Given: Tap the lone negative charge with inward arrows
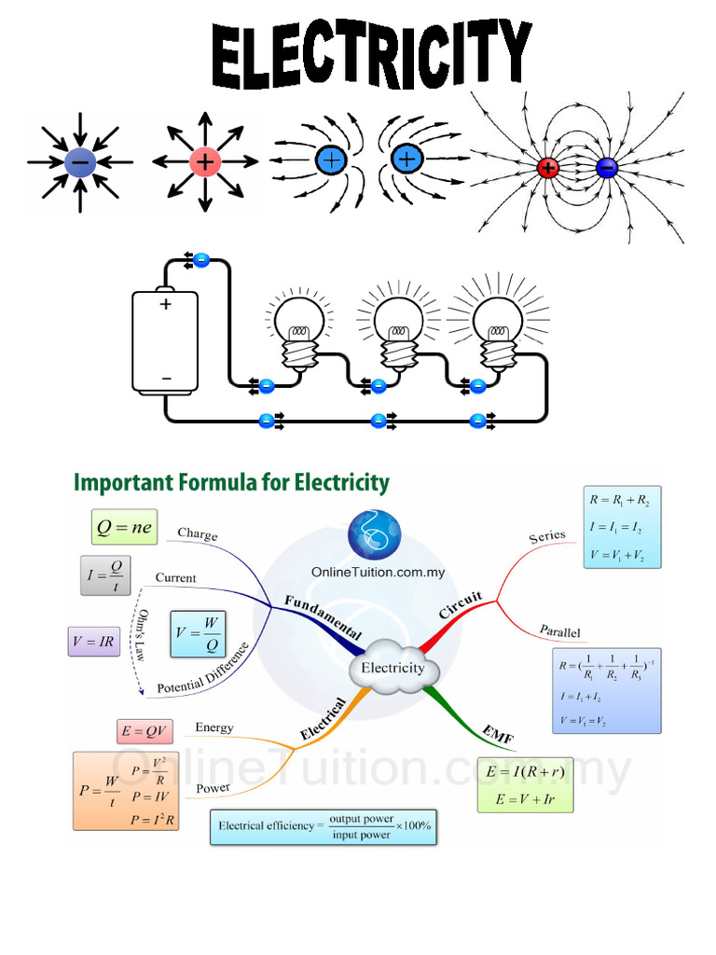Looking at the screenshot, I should coord(80,162).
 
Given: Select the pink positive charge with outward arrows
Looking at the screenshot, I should coord(204,162).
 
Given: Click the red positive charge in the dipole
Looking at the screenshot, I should coord(547,169).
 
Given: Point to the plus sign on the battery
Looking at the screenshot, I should coord(166,304).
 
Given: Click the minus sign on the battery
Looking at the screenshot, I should coord(166,378).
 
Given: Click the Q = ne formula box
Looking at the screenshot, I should coord(124,528).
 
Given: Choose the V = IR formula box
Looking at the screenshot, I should coord(94,641).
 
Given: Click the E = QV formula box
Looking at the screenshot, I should coord(144,732).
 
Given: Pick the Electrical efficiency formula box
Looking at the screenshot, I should coord(324,826).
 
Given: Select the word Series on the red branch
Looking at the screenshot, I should coord(547,536).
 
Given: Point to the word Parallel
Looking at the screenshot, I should coord(559,631).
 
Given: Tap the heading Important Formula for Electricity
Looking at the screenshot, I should coord(231,482).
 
